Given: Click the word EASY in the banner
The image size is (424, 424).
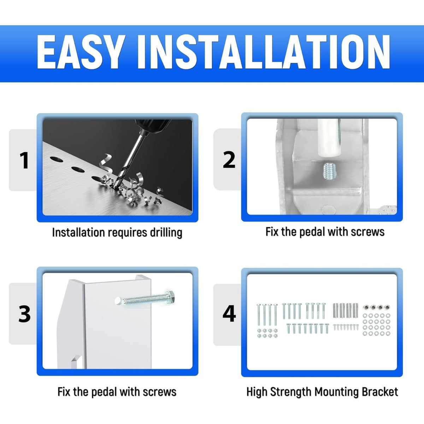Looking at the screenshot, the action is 79,52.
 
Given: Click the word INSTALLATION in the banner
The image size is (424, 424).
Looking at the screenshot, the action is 263,52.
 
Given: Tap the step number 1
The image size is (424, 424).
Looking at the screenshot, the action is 24,161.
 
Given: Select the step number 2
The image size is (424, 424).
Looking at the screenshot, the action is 229,160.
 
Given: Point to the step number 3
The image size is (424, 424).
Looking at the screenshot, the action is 25,314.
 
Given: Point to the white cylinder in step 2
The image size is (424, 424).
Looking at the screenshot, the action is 329,139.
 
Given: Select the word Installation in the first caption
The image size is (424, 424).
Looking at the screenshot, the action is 78,232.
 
